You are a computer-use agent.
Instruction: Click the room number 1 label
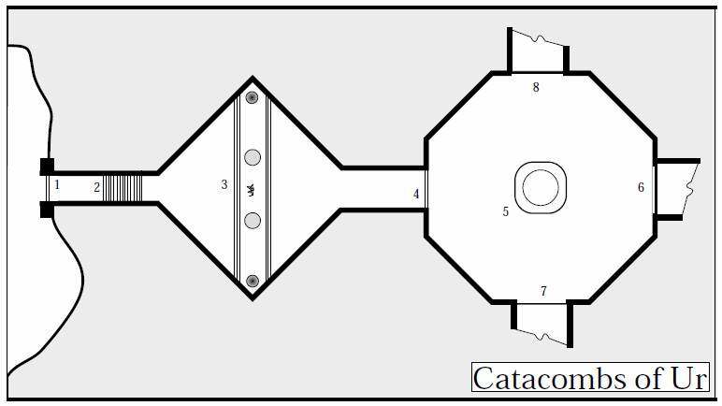(x=57, y=185)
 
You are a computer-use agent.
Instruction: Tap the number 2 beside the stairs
(x=96, y=187)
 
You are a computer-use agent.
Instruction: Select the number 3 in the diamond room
(x=224, y=185)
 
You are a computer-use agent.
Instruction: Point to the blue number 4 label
(x=417, y=195)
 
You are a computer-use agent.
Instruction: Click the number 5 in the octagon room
(x=506, y=212)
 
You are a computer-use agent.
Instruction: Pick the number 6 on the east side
(x=642, y=187)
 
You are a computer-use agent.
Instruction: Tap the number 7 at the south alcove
(x=543, y=292)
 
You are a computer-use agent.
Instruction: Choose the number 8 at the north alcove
(x=536, y=88)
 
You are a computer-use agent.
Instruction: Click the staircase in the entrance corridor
(x=123, y=187)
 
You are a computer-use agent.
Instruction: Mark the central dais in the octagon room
(x=541, y=187)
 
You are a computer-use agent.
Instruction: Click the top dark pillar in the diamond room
(x=252, y=97)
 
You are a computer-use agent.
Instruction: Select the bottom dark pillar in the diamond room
(x=252, y=280)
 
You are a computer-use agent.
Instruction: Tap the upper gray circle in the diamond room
(x=252, y=157)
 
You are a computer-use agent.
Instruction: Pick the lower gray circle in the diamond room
(x=252, y=221)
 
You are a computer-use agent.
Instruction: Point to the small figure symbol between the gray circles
(x=251, y=190)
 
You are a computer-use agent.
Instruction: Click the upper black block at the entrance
(x=47, y=167)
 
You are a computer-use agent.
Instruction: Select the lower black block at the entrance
(x=47, y=209)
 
